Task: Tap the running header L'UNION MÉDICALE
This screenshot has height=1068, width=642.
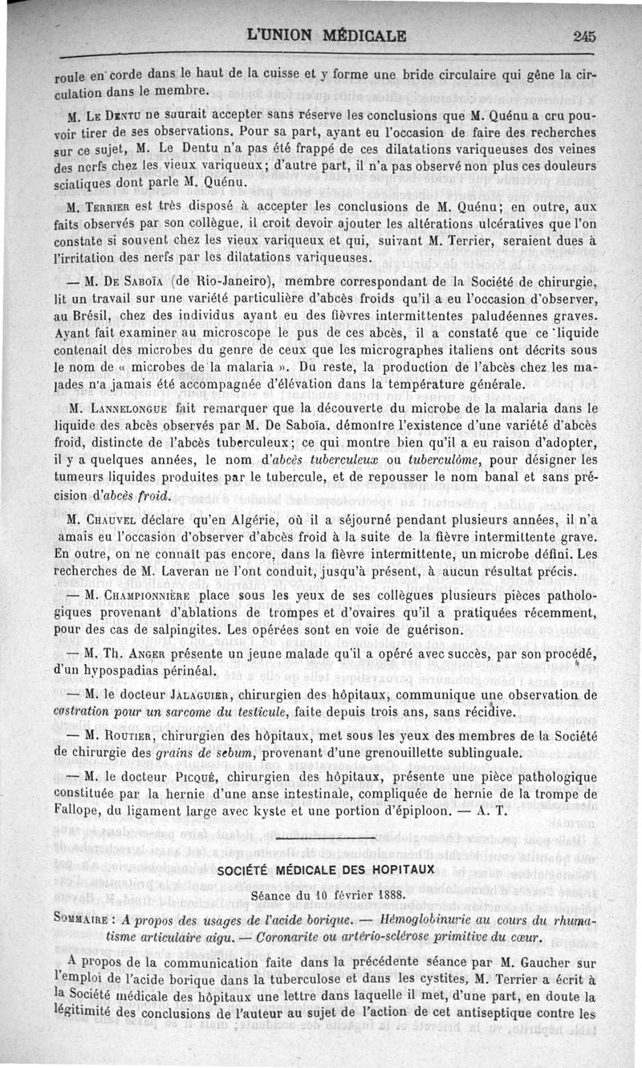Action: tap(327, 36)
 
